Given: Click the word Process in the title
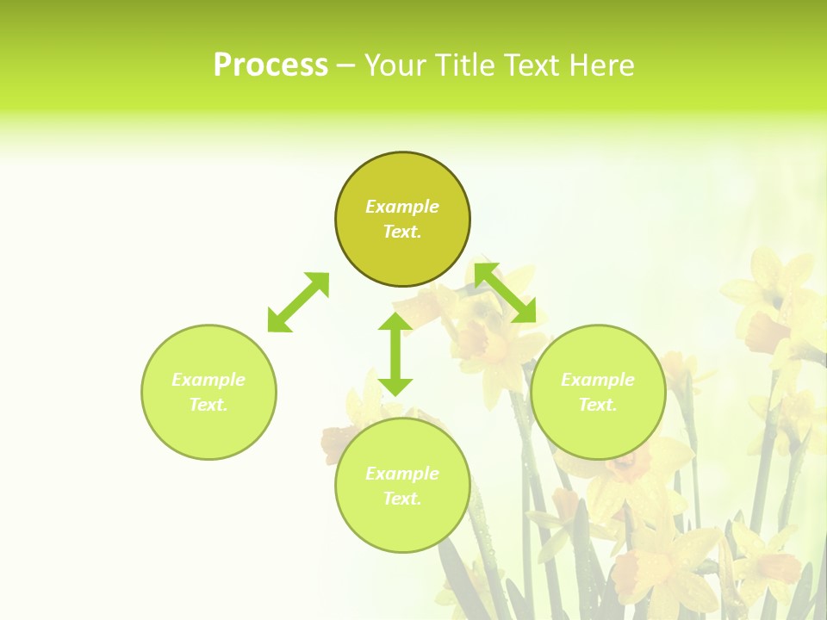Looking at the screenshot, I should click(x=270, y=65).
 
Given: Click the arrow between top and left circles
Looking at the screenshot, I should click(x=298, y=302).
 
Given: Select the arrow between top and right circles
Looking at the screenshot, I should click(x=506, y=293).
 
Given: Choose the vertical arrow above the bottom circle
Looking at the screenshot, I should click(x=395, y=354).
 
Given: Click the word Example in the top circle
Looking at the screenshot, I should click(x=402, y=207).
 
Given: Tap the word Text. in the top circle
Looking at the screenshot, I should click(x=402, y=232).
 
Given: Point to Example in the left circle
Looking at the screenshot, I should click(x=208, y=380).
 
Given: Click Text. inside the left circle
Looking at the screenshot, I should click(x=208, y=405).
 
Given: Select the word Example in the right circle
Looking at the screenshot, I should click(x=598, y=380).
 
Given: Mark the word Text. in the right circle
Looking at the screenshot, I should click(x=598, y=405).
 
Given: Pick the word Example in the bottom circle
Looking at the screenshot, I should click(x=402, y=474).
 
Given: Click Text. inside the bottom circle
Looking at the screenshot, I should click(x=402, y=499).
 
